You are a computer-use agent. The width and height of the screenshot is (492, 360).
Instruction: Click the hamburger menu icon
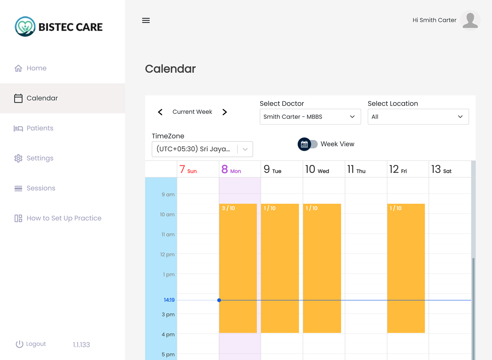click(x=146, y=20)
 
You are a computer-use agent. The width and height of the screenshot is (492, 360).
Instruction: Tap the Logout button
click(x=31, y=344)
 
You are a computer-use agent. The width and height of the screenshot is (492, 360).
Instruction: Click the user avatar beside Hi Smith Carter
click(x=470, y=20)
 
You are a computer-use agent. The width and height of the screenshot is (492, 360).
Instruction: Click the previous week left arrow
click(x=160, y=112)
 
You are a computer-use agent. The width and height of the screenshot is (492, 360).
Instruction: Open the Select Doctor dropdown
click(x=310, y=117)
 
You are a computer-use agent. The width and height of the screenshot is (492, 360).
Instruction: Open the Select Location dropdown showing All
click(x=418, y=117)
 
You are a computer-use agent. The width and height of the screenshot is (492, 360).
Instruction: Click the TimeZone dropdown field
click(x=202, y=149)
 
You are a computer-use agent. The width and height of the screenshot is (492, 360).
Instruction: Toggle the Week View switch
click(x=308, y=144)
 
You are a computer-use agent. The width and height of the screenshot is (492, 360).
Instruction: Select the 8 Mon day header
click(x=231, y=170)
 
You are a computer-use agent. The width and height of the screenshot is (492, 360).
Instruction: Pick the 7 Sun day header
click(x=188, y=170)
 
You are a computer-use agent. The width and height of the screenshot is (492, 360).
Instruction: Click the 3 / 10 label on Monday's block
click(x=228, y=208)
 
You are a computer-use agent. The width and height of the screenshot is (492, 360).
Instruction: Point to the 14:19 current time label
click(x=169, y=300)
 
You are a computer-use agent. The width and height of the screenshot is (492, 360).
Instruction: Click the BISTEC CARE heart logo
click(x=25, y=27)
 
